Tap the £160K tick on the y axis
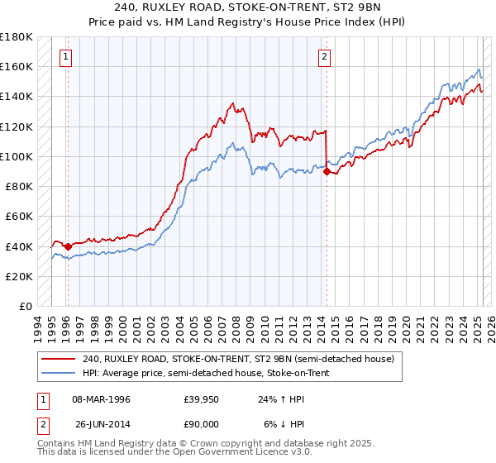tap(17, 66)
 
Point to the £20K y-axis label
tap(19, 276)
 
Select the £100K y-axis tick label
tap(17, 156)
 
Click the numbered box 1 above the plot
tap(65, 57)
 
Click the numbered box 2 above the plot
tap(324, 57)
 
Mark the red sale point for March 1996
tap(68, 246)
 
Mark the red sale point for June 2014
tap(327, 171)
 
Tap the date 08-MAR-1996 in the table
tap(101, 399)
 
